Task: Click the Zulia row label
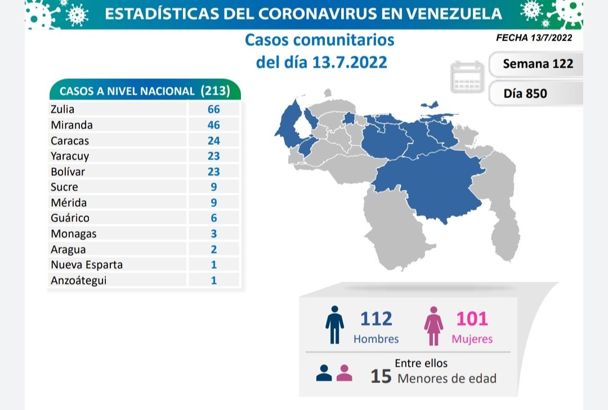point(62,110)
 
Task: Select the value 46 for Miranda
point(213,125)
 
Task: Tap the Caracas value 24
point(213,141)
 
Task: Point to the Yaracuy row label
point(70,156)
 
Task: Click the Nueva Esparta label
point(86,264)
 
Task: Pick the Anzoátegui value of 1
point(213,280)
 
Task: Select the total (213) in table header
point(216,91)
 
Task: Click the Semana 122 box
point(538,64)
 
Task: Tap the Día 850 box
point(525,93)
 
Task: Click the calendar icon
point(467,78)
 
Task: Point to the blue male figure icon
point(335,325)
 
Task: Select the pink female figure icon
point(434,326)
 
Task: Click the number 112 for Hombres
point(376,319)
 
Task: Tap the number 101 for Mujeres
point(472,319)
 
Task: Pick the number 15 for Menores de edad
point(381,376)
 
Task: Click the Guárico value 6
point(213,218)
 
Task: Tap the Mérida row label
point(68,203)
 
